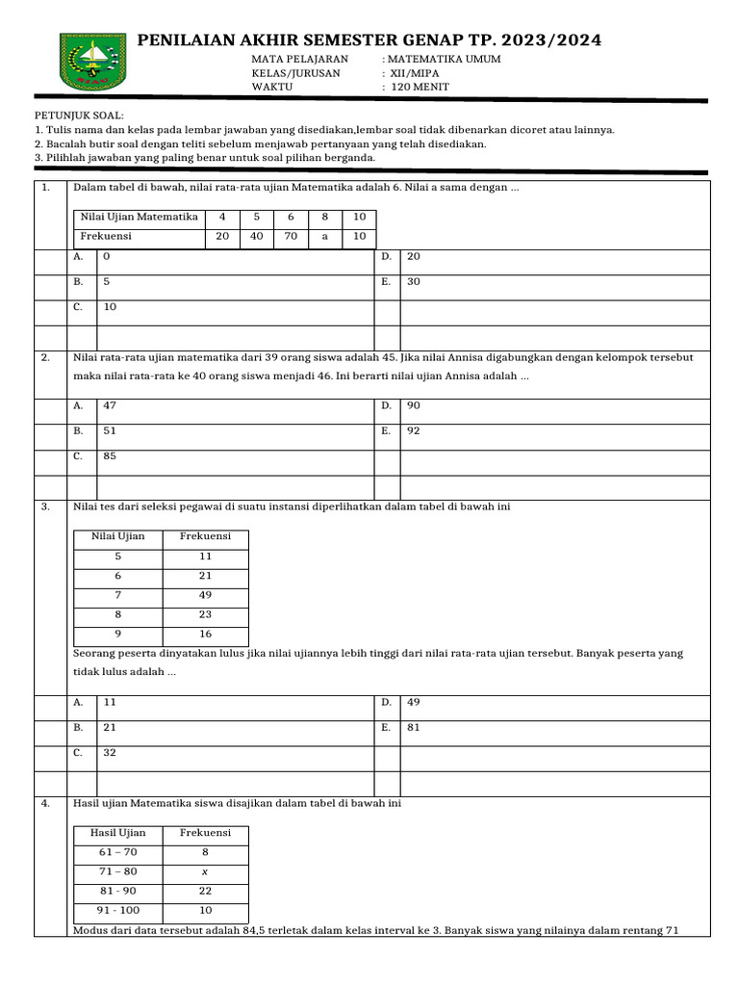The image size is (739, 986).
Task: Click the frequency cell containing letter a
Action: (325, 236)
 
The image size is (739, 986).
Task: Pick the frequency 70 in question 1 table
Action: (291, 236)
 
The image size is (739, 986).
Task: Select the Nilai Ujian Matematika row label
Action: (140, 218)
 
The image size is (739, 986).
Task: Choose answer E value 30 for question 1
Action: (414, 282)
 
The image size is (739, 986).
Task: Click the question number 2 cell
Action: (45, 357)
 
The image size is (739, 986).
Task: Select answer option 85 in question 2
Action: (110, 456)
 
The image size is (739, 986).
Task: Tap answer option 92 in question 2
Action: (414, 431)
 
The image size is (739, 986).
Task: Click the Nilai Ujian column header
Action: (118, 536)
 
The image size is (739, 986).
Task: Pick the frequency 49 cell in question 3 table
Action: (206, 595)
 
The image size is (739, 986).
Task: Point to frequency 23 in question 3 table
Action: (206, 614)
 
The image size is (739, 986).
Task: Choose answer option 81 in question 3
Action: (414, 728)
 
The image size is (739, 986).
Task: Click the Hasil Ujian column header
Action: (118, 833)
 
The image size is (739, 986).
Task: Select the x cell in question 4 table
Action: (206, 871)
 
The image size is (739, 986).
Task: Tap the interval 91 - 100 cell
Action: (118, 910)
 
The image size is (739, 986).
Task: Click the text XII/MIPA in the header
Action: (420, 73)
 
